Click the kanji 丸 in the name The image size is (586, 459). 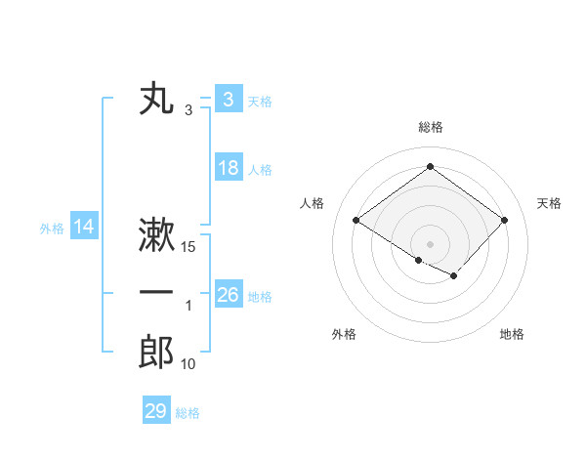coord(156,101)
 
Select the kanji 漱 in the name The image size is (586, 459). coord(156,236)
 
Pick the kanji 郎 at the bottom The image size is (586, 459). coord(156,352)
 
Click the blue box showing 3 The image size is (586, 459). coord(228,100)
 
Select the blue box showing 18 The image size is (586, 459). coord(228,168)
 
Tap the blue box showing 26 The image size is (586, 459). coord(228,295)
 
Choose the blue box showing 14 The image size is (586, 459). coord(84,228)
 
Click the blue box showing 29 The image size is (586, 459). coord(155,411)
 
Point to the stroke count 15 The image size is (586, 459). coord(189,247)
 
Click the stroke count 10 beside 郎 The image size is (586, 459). coord(188,364)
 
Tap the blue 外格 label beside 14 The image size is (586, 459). coord(52,229)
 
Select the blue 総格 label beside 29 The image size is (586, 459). coord(188,413)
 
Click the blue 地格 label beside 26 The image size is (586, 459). coord(260,296)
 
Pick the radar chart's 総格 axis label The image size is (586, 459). coord(430,127)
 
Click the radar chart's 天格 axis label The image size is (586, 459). coord(550,203)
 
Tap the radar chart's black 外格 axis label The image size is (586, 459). coord(344,334)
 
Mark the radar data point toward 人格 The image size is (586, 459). coord(356,220)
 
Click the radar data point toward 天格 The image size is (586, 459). coord(504,220)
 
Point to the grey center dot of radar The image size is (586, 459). coord(430,243)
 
